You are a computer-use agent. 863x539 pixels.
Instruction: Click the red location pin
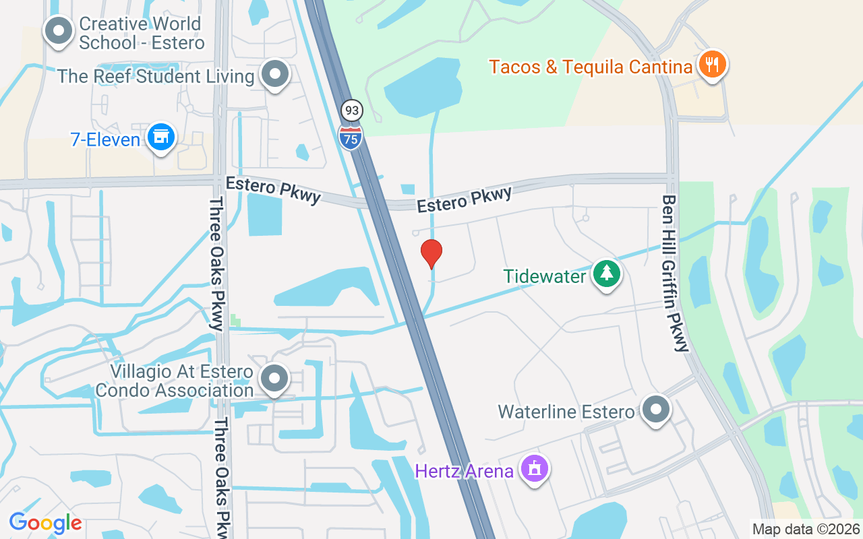[431, 253]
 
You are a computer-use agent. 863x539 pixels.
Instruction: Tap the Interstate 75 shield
[351, 136]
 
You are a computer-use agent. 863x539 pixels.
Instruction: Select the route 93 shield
[351, 110]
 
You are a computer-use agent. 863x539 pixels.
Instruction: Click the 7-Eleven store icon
[160, 137]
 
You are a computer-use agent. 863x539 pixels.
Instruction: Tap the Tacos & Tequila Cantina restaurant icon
[711, 65]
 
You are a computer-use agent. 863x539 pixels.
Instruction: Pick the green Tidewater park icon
[607, 274]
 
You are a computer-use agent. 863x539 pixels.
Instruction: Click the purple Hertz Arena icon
[535, 468]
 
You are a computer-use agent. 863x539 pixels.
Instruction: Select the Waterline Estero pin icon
[655, 409]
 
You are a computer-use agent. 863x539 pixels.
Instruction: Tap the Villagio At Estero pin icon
[274, 379]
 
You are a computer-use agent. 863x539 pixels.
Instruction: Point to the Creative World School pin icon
[59, 30]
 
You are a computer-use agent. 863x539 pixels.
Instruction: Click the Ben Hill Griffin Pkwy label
[676, 274]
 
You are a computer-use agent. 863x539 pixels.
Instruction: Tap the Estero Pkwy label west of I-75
[273, 189]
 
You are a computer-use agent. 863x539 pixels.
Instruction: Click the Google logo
[45, 522]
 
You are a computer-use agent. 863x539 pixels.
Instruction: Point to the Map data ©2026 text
[806, 529]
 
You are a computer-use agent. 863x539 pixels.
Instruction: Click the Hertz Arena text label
[465, 470]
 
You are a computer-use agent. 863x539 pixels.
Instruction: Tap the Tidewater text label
[545, 276]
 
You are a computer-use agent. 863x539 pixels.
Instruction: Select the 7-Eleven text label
[105, 139]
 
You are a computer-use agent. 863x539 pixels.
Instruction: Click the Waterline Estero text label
[566, 411]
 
